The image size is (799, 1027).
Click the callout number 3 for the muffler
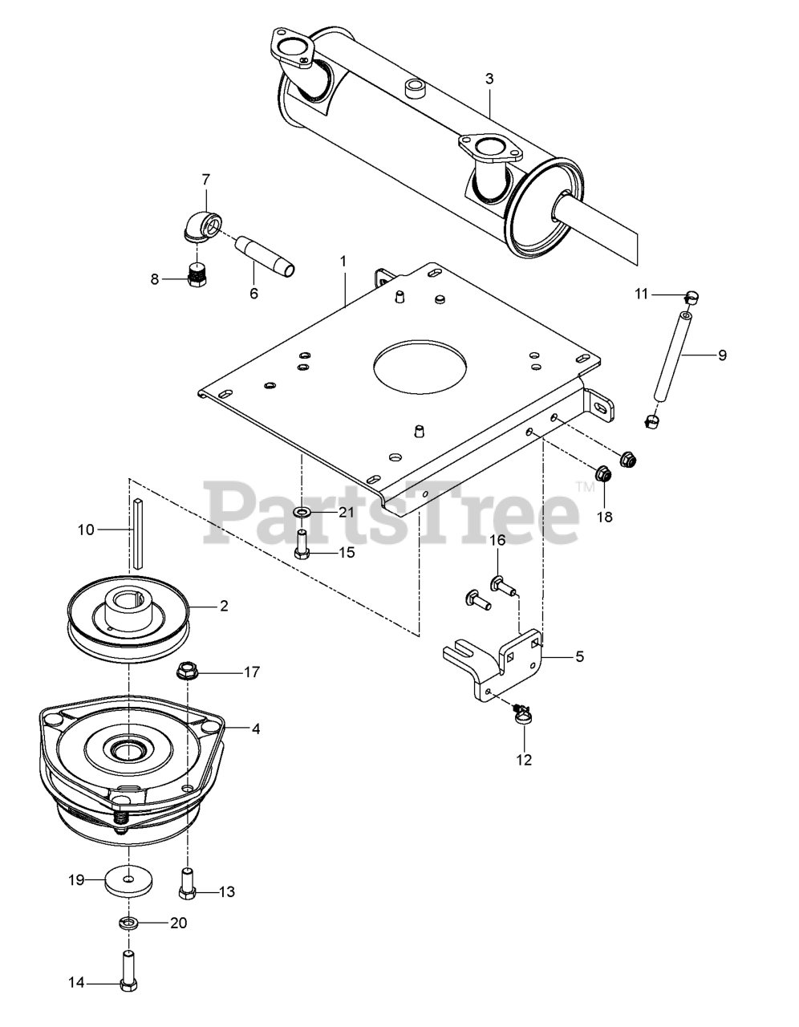[x=489, y=79]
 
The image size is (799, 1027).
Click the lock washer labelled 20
[x=128, y=923]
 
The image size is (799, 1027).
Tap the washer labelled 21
[x=302, y=512]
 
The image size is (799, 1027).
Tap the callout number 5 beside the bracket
[x=578, y=656]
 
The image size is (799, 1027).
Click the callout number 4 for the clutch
[x=255, y=729]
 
